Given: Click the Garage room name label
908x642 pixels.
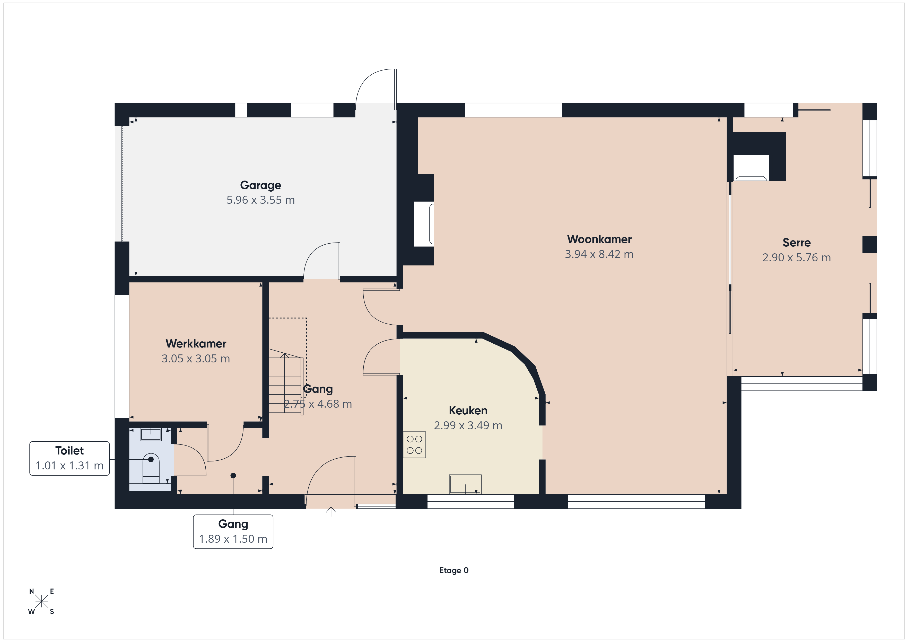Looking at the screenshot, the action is point(261,185).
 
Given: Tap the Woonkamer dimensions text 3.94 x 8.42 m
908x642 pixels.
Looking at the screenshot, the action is point(599,254).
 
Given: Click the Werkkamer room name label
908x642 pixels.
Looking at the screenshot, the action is point(196,344).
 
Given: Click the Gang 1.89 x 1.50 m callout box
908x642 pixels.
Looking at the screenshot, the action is point(233,531).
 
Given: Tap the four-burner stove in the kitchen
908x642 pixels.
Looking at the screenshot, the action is point(414,445).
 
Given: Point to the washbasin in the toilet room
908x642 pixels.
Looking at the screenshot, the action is point(151,434).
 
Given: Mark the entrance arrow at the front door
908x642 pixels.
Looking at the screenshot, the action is point(331,512).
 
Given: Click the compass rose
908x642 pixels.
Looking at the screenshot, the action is point(41,602).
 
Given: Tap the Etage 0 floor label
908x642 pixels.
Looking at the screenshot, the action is point(454,570).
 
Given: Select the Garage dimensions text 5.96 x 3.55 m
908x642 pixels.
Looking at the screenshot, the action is point(261,200).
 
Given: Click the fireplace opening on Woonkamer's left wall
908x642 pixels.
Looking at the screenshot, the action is point(424,224).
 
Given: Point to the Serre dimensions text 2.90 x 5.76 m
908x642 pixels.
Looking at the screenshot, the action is point(797,258).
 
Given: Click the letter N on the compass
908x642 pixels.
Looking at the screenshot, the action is point(32,591).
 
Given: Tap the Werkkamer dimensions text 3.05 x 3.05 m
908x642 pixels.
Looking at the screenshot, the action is point(196,359).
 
